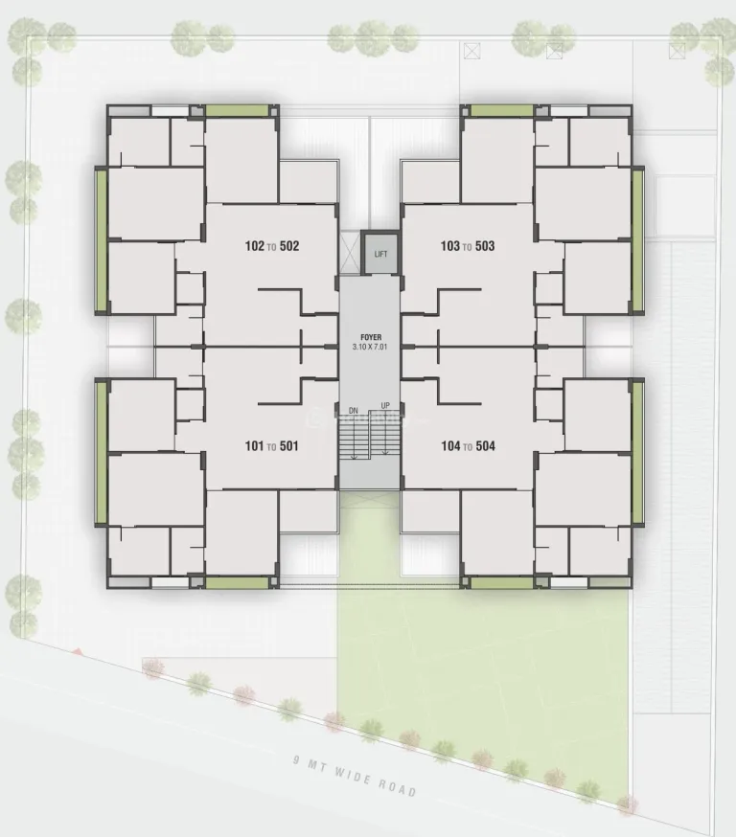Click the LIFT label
[380, 254]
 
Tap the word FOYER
[371, 337]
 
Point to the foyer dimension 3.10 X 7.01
[370, 347]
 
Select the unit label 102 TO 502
[272, 246]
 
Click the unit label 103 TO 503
[468, 246]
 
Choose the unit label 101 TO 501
[271, 445]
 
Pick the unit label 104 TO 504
[468, 445]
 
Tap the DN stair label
[353, 411]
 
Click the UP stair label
[385, 406]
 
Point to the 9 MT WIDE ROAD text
[355, 775]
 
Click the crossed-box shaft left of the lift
[351, 253]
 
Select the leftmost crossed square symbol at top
[471, 52]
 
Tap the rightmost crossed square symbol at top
[677, 52]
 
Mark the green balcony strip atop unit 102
[237, 110]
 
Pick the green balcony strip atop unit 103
[501, 110]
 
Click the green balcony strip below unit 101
[237, 582]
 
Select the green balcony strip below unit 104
[501, 582]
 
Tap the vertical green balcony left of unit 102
[101, 240]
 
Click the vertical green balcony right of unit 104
[637, 452]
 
